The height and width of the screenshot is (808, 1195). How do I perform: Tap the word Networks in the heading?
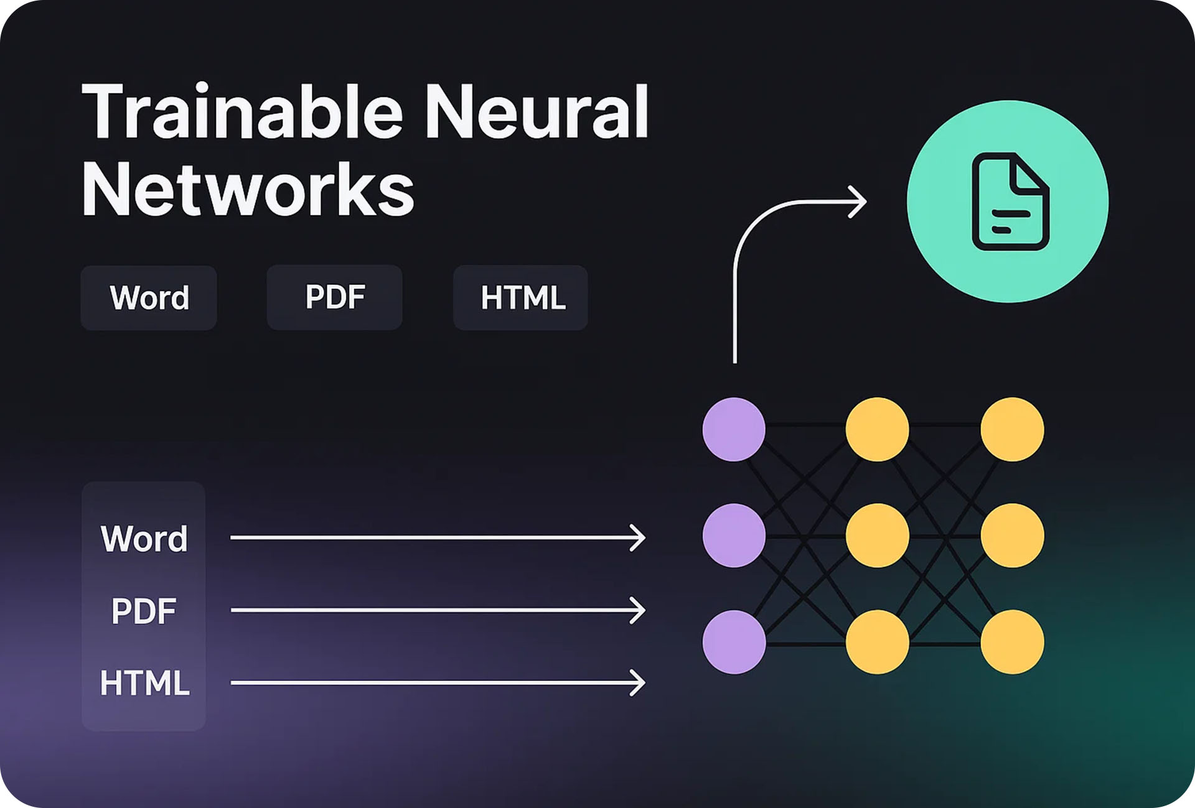[x=248, y=189]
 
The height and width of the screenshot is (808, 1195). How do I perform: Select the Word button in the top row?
[x=149, y=298]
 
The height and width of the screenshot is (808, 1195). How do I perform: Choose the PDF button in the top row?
[x=335, y=297]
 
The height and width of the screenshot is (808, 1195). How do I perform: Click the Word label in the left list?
[x=144, y=539]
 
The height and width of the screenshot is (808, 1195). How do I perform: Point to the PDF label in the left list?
[x=144, y=611]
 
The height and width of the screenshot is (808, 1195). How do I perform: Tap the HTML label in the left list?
[x=144, y=683]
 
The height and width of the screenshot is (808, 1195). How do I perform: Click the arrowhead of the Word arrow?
[x=639, y=538]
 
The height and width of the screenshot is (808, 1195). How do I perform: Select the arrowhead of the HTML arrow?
[x=639, y=683]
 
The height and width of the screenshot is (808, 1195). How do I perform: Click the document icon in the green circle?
[x=1010, y=202]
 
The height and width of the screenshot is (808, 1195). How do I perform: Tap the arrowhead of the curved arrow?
[x=860, y=202]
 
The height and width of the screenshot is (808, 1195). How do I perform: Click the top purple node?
[x=734, y=429]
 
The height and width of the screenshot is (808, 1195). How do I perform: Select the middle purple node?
[x=734, y=536]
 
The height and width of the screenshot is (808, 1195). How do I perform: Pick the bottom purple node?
[x=734, y=642]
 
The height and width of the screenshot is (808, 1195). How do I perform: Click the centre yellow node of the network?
[x=877, y=536]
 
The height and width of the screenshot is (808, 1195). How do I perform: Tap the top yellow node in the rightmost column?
[x=1012, y=429]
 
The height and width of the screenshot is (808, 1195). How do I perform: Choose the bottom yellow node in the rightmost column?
[x=1012, y=642]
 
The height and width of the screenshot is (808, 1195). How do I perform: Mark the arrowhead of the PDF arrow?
[x=639, y=610]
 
